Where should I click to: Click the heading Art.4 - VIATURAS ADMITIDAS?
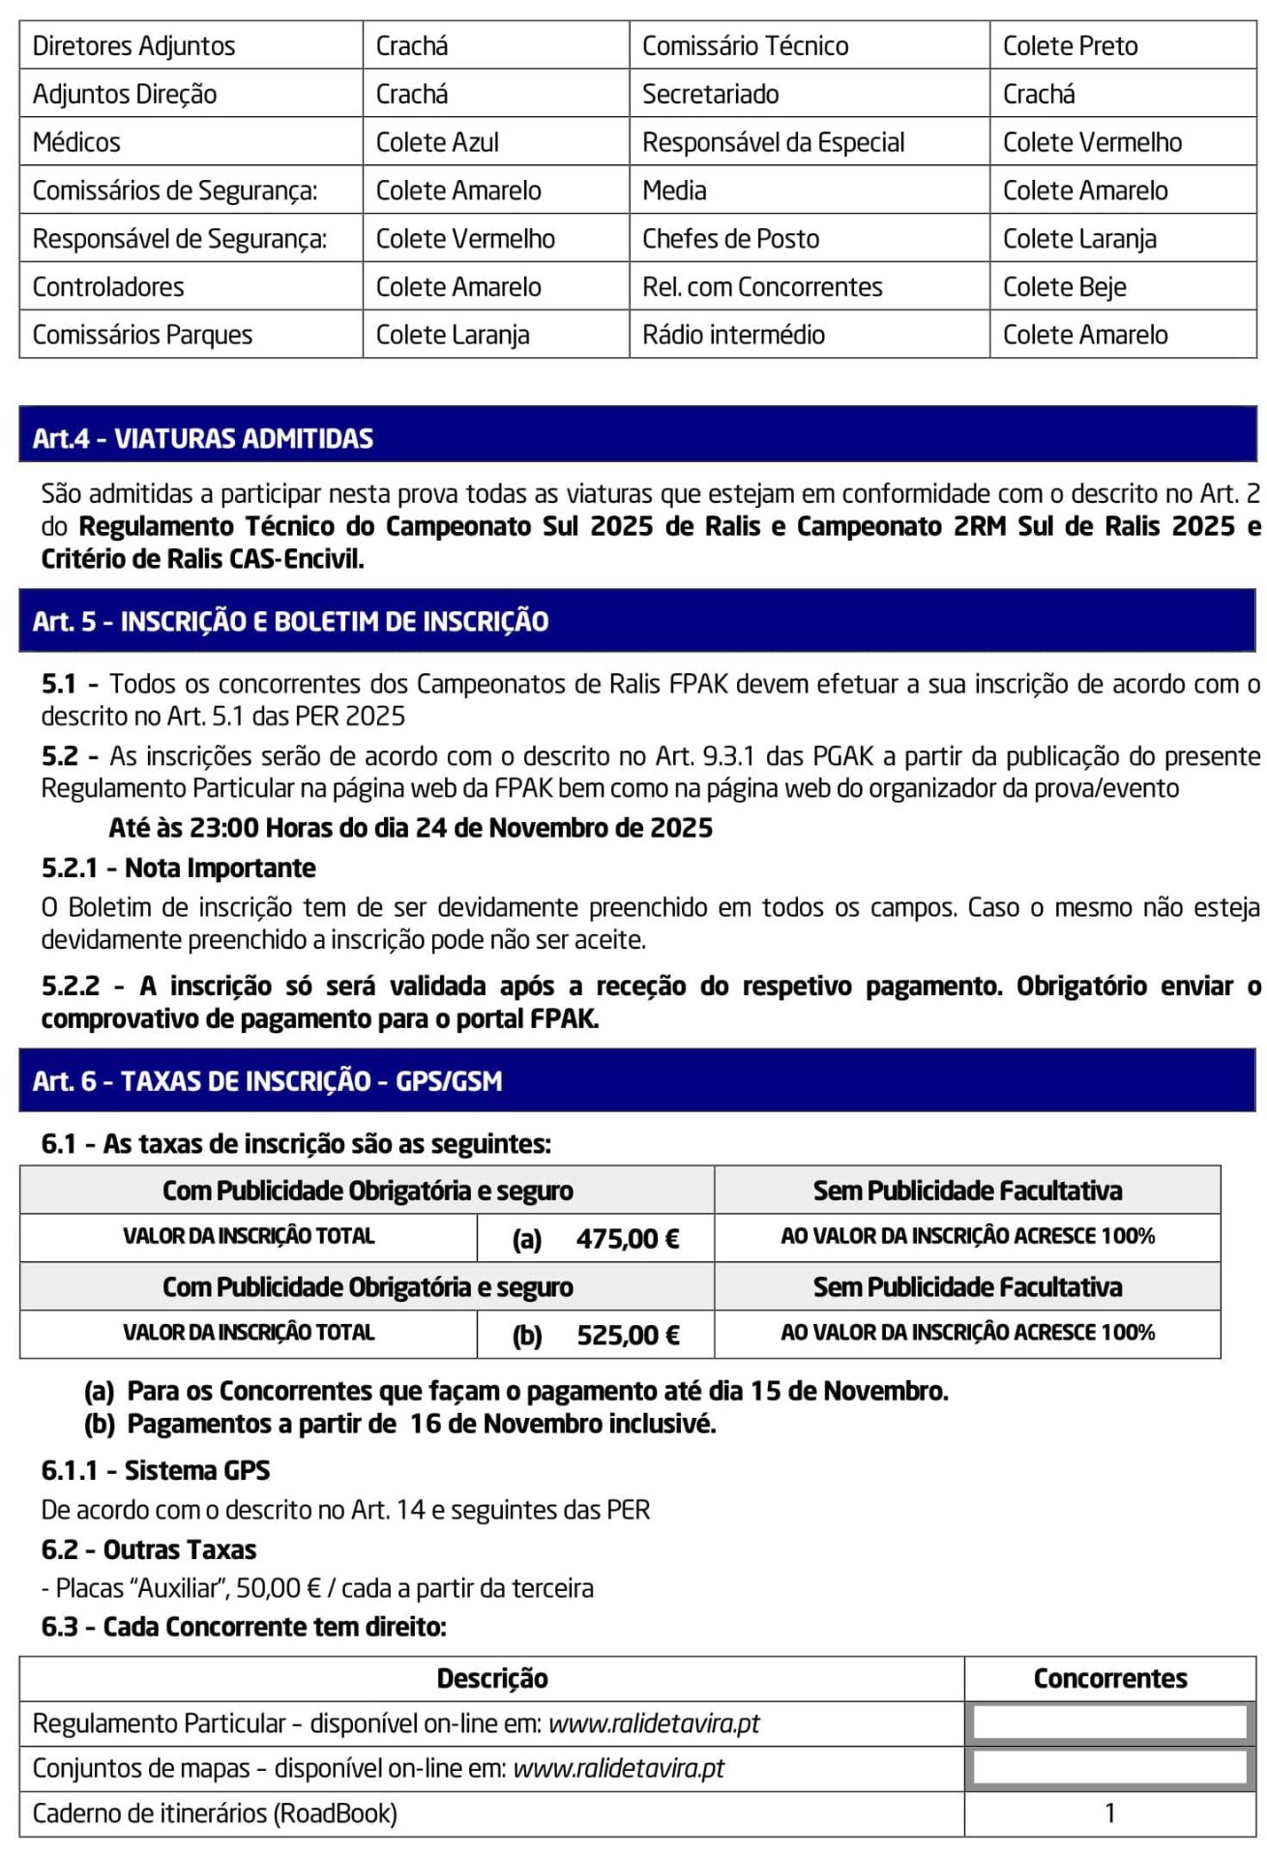click(x=203, y=438)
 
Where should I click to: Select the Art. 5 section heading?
click(x=290, y=621)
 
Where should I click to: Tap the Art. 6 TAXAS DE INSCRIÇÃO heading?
click(x=268, y=1080)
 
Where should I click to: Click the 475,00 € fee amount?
click(x=628, y=1238)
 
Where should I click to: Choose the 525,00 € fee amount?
click(x=628, y=1335)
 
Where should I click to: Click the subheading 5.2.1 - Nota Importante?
click(x=179, y=868)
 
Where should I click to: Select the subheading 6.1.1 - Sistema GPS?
click(x=156, y=1470)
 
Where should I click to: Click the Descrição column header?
click(x=492, y=1678)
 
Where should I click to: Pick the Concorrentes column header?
click(x=1109, y=1678)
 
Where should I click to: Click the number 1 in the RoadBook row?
click(x=1109, y=1813)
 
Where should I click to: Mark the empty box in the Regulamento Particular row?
click(x=1109, y=1723)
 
